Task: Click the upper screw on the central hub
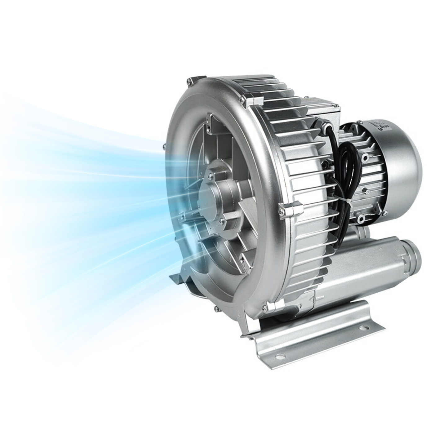tap(211, 176)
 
